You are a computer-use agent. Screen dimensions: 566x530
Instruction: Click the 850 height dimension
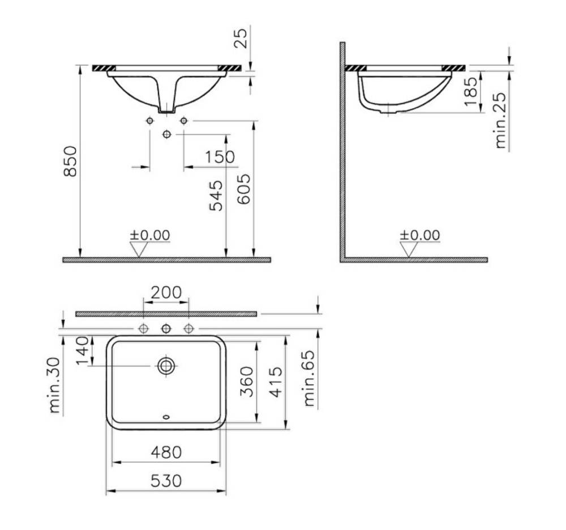point(70,161)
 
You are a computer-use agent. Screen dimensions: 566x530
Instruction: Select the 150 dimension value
point(220,157)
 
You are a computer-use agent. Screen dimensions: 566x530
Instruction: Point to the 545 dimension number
point(216,196)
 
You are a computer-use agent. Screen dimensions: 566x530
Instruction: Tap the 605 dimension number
point(244,189)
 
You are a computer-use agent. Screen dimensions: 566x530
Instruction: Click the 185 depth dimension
point(471,91)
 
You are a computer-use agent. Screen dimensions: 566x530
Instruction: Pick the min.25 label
point(500,121)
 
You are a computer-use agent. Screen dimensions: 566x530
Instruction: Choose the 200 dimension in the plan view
point(166,292)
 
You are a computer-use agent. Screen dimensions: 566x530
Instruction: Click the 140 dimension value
point(83,351)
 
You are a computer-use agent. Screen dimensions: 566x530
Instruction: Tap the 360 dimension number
point(247,382)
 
